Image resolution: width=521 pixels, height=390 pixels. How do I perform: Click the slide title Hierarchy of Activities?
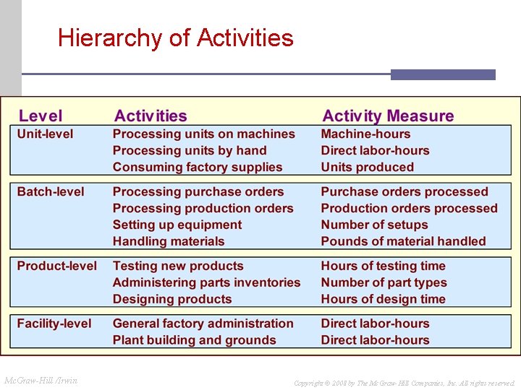coord(176,38)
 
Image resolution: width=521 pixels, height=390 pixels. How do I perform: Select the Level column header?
coord(41,116)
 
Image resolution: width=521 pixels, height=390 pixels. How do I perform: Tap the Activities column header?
coord(151,116)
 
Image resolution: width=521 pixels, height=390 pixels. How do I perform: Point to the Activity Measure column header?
coord(388,116)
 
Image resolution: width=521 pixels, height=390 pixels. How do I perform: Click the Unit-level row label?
coord(45,134)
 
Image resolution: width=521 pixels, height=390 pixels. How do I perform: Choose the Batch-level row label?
coord(51,191)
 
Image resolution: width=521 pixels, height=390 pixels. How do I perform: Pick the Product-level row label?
coord(57,266)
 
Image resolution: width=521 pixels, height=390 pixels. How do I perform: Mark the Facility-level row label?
coord(54,324)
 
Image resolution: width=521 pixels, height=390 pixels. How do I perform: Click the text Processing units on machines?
coord(203,134)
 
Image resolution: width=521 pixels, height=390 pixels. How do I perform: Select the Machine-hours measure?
coord(365,134)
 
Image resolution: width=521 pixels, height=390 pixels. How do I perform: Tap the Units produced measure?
coord(368,167)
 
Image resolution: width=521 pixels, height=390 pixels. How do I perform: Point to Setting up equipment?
coord(177,225)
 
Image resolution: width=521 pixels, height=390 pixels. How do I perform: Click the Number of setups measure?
coord(374,225)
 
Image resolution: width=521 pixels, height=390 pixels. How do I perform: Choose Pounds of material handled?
coord(403,241)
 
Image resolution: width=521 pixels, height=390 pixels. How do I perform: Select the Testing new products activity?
coord(178,266)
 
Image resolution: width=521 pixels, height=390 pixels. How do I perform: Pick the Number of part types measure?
coord(384,282)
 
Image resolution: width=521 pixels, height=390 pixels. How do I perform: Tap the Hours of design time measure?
coord(383,299)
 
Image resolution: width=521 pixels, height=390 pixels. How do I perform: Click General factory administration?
coord(203,324)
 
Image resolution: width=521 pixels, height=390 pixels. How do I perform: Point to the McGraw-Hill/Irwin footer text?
coord(41,380)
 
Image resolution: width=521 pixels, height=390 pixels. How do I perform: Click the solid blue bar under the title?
coord(443,74)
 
